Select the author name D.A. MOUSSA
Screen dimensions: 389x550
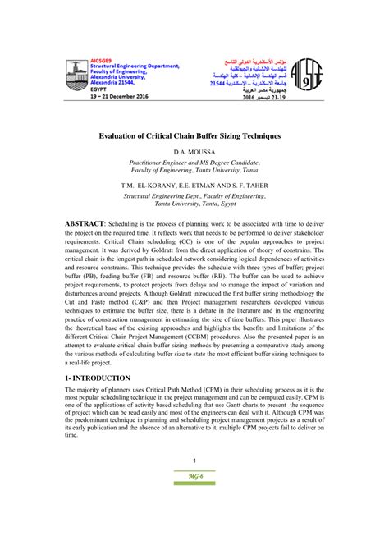[194, 153]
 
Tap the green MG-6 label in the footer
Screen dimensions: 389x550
[194, 520]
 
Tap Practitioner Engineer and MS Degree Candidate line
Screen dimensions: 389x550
[194, 163]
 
